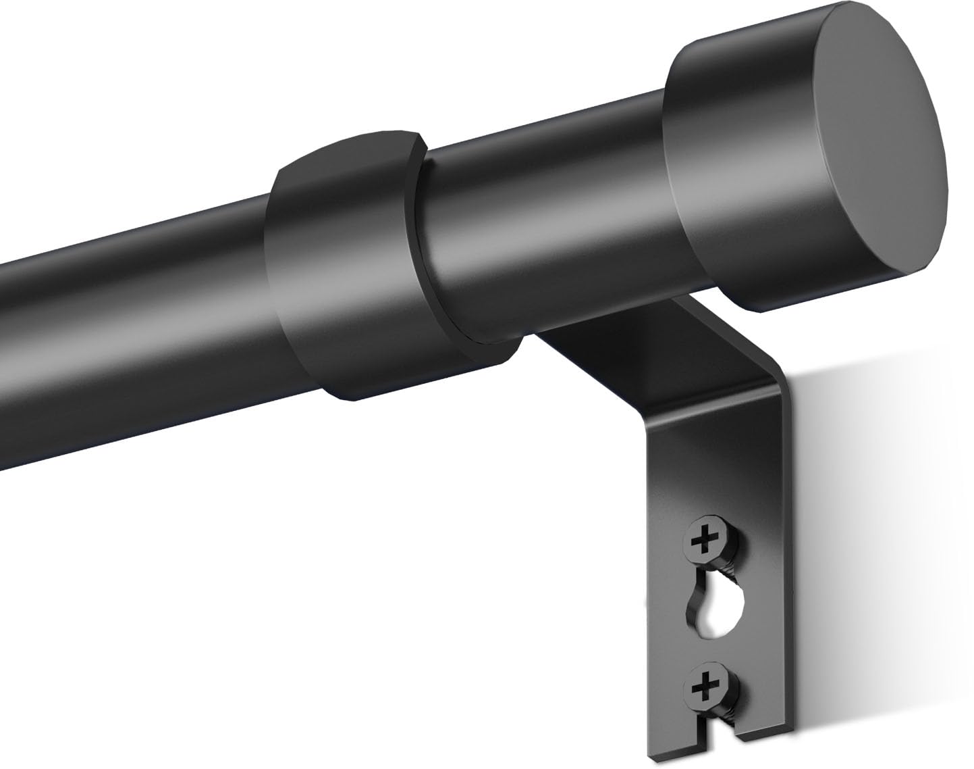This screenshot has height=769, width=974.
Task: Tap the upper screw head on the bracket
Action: point(706,541)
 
